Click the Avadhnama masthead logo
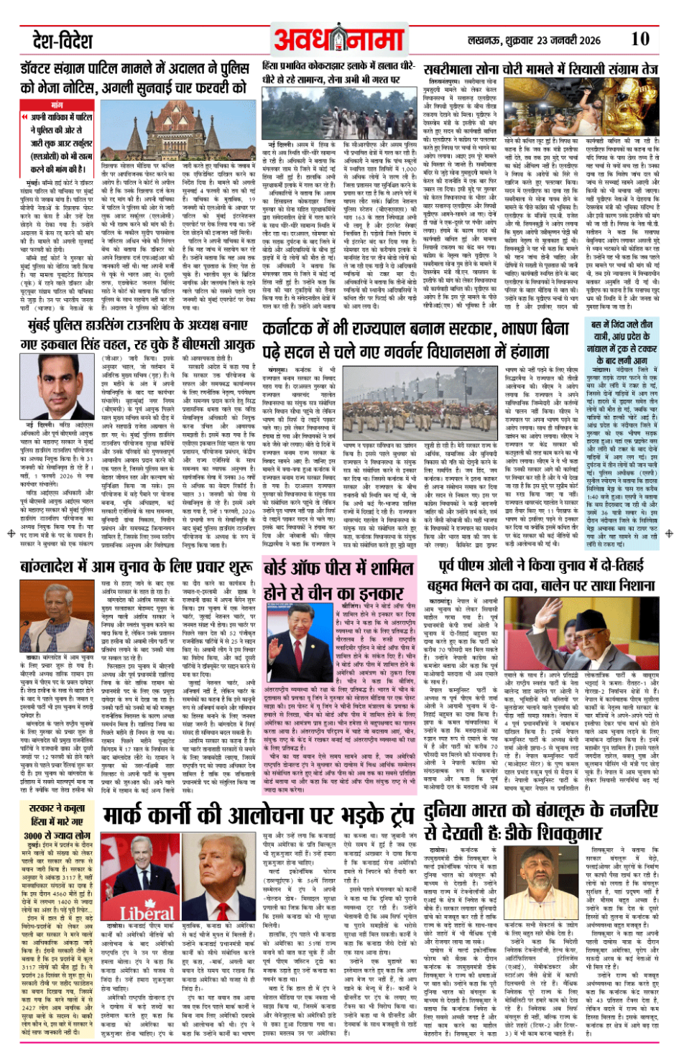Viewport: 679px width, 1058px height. [339, 40]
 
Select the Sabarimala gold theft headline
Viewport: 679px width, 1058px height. [540, 69]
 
